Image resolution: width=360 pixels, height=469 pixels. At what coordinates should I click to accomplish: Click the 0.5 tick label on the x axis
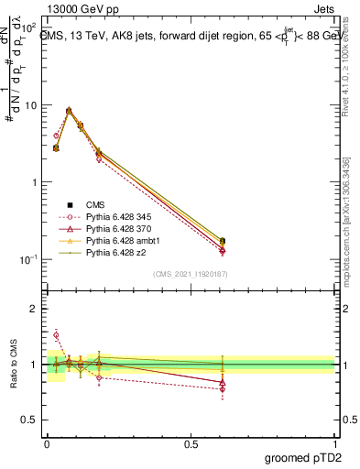pyautogui.click(x=191, y=442)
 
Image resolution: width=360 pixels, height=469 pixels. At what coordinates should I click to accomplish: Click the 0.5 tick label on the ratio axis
pyautogui.click(x=29, y=420)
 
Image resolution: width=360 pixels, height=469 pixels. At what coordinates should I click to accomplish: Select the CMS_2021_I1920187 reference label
pyautogui.click(x=191, y=274)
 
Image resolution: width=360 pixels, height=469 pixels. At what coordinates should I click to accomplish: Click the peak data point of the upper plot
pyautogui.click(x=69, y=111)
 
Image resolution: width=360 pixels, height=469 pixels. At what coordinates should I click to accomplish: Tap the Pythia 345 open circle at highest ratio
pyautogui.click(x=56, y=335)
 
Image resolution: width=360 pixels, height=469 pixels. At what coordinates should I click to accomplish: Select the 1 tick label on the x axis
pyautogui.click(x=334, y=442)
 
